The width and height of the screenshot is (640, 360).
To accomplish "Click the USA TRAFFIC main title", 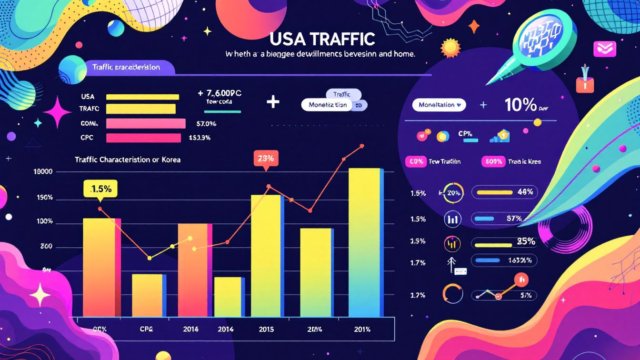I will click(322, 38).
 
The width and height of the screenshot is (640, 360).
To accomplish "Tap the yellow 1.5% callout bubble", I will click(100, 189).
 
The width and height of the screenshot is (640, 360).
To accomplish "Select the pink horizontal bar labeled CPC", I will click(143, 138).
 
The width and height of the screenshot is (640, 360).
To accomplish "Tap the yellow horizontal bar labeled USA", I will click(142, 97).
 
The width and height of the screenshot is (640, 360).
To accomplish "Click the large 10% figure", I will click(520, 105).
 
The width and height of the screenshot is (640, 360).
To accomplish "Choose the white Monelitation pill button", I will click(439, 105).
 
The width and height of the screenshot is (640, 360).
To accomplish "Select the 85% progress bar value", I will click(526, 241).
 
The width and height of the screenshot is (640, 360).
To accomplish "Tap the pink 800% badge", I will click(492, 161).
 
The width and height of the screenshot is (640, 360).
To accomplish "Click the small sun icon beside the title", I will click(450, 47).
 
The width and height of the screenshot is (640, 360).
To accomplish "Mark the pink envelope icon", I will click(604, 49).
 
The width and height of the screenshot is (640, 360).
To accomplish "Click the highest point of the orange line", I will click(362, 145).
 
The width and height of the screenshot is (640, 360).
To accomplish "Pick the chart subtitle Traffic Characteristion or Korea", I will click(128, 160).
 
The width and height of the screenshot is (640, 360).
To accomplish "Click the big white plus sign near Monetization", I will click(273, 102).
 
